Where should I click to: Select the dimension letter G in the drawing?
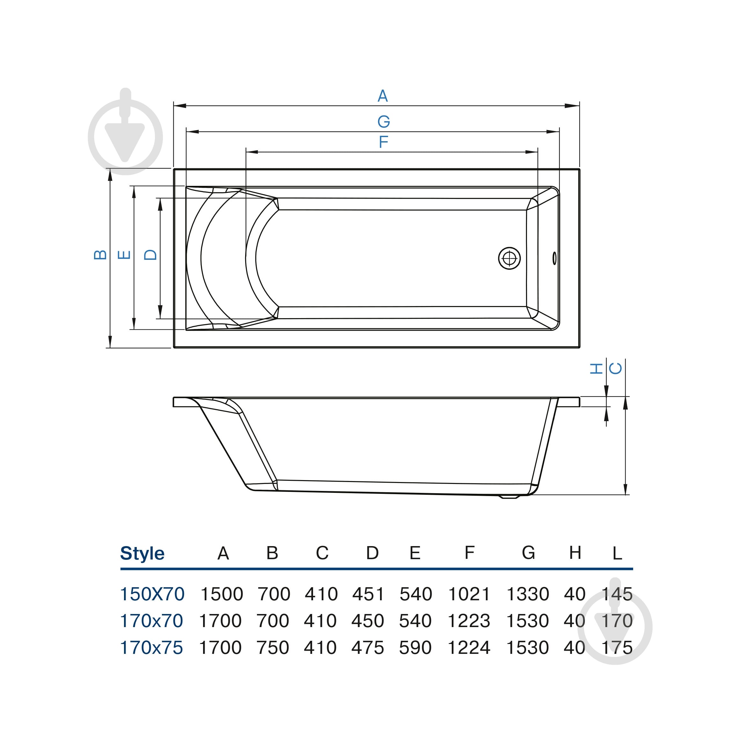[384, 121]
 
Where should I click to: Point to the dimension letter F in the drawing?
[384, 142]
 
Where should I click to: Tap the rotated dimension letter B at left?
[100, 255]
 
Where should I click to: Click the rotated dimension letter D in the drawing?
[150, 255]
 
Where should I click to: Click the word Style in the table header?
[142, 553]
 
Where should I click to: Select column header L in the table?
[617, 553]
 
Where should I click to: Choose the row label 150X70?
[152, 594]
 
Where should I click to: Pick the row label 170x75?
[151, 648]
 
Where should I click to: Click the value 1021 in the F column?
[469, 594]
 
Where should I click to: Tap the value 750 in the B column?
[273, 648]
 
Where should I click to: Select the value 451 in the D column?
[368, 594]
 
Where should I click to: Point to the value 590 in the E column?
[415, 648]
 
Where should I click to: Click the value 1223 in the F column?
[469, 621]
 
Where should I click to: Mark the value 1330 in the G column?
[527, 594]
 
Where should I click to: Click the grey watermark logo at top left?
[125, 132]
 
